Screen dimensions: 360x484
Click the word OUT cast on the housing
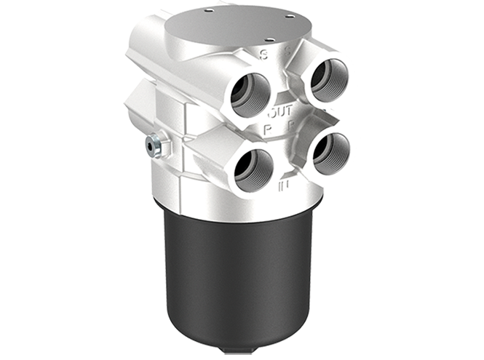pos(279,113)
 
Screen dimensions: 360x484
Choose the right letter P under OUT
pos(290,126)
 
